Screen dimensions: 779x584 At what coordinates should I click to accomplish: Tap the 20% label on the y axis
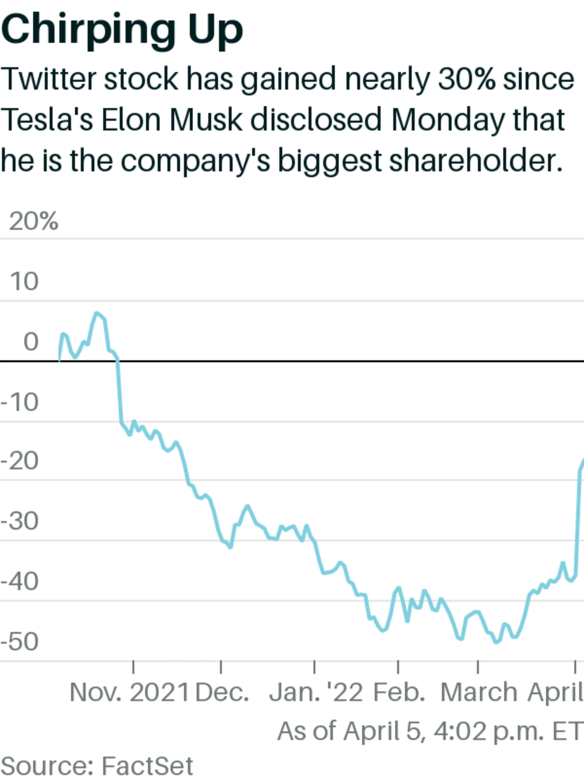pyautogui.click(x=34, y=222)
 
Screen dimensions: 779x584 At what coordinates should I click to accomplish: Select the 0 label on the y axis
pyautogui.click(x=31, y=342)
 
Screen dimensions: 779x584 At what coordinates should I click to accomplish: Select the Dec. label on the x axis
pyautogui.click(x=222, y=692)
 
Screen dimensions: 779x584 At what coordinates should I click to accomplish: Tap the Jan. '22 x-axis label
pyautogui.click(x=316, y=692)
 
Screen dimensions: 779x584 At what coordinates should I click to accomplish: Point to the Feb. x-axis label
pyautogui.click(x=399, y=692)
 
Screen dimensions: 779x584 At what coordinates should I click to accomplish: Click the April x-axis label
pyautogui.click(x=555, y=692)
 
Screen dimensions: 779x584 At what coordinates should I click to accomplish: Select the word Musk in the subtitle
pyautogui.click(x=206, y=120)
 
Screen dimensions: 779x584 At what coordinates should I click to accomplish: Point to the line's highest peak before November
pyautogui.click(x=97, y=313)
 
